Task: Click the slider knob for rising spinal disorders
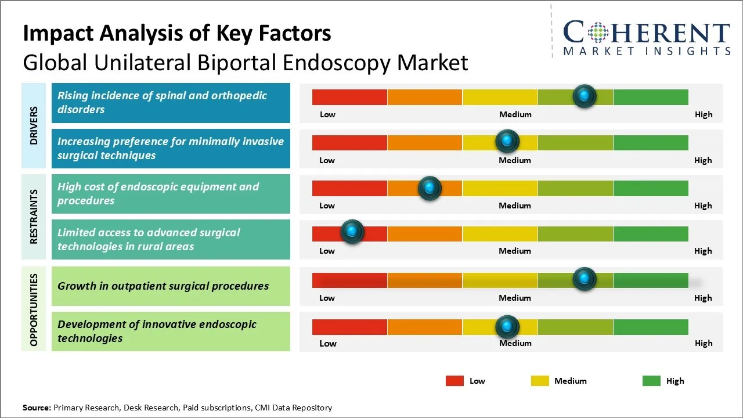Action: pyautogui.click(x=585, y=96)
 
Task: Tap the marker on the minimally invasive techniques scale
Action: pyautogui.click(x=507, y=141)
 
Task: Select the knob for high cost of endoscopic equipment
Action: pyautogui.click(x=430, y=188)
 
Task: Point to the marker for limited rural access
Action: pyautogui.click(x=352, y=232)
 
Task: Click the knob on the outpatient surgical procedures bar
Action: pyautogui.click(x=585, y=279)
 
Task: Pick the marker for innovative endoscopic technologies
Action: pyautogui.click(x=507, y=327)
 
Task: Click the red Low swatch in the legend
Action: pyautogui.click(x=455, y=381)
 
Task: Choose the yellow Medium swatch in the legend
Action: pyautogui.click(x=540, y=381)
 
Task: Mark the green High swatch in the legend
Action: pyautogui.click(x=651, y=381)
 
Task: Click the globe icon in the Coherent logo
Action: pyautogui.click(x=598, y=33)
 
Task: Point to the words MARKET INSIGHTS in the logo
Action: pyautogui.click(x=647, y=52)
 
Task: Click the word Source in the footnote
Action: pyautogui.click(x=37, y=408)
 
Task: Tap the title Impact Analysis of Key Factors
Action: pyautogui.click(x=177, y=34)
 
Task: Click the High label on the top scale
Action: pyautogui.click(x=704, y=114)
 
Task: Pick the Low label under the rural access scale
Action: pyautogui.click(x=327, y=251)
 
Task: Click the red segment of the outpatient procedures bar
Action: pyautogui.click(x=349, y=280)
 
